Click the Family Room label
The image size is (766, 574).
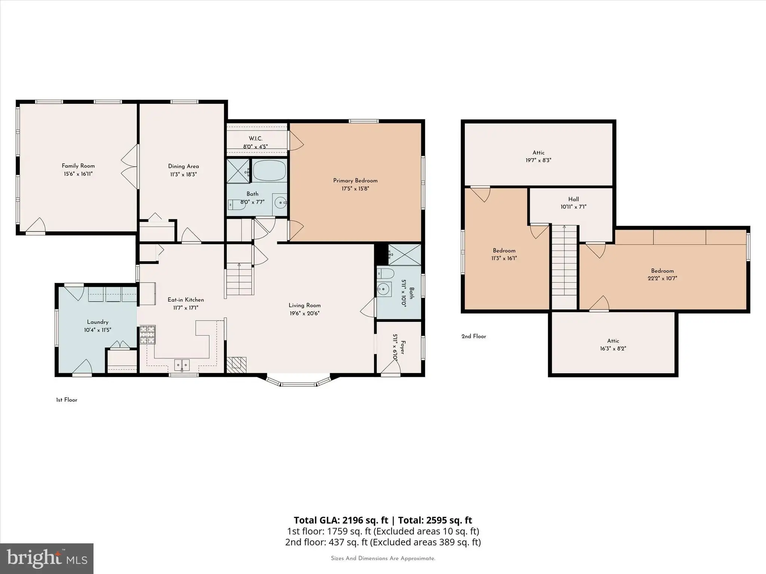pos(78,166)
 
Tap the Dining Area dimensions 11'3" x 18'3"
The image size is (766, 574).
pos(183,174)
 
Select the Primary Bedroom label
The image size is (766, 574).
pos(355,180)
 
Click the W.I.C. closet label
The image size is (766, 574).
pos(256,139)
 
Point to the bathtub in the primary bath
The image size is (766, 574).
pos(269,171)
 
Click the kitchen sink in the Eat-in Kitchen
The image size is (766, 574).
pos(182,364)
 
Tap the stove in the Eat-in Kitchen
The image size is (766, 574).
pos(147,334)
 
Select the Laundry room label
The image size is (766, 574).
pos(98,322)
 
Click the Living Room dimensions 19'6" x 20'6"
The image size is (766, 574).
pos(304,314)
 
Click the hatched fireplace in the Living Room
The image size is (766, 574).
pos(236,365)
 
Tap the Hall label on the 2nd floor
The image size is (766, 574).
pos(573,199)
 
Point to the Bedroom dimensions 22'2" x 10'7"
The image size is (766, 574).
pos(662,278)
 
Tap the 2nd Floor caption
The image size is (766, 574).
pos(474,336)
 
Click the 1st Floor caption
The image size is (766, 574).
pos(67,400)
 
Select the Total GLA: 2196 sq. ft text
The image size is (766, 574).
pos(341,520)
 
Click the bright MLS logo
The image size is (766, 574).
pos(47,558)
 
